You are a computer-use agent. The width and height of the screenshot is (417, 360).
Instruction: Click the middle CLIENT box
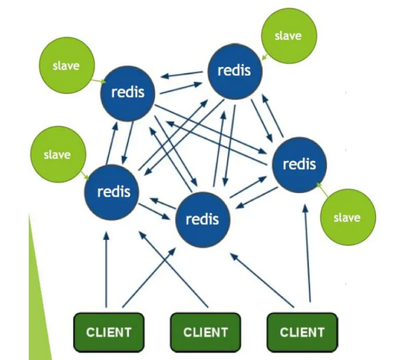(x=206, y=332)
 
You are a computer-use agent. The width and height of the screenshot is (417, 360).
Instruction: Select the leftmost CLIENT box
(x=109, y=332)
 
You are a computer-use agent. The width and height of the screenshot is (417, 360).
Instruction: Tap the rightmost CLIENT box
(x=302, y=332)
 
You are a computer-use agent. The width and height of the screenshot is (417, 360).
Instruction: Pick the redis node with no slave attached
(x=203, y=220)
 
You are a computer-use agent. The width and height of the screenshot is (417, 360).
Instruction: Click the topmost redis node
(x=235, y=72)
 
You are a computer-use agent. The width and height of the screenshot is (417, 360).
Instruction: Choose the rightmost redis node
(x=299, y=165)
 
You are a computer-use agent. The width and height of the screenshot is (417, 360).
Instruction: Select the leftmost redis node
(x=112, y=192)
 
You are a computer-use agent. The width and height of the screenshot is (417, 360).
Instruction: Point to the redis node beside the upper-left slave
(x=127, y=93)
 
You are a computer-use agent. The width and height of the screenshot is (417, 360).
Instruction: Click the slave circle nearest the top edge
(x=289, y=36)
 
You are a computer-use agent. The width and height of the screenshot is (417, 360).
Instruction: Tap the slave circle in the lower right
(x=348, y=217)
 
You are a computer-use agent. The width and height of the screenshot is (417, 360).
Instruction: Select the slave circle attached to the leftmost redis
(x=58, y=154)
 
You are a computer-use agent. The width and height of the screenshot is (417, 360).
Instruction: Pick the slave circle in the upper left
(x=67, y=66)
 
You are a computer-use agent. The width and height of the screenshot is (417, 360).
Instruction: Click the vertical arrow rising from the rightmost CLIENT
(x=308, y=253)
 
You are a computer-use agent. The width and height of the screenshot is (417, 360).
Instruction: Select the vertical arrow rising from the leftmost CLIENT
(x=106, y=270)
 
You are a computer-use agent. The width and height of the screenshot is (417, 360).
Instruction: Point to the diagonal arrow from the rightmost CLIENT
(x=262, y=280)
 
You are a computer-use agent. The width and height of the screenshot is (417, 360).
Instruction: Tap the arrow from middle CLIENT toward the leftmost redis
(x=173, y=269)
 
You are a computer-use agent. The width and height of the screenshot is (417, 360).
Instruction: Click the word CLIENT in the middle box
(x=206, y=332)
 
